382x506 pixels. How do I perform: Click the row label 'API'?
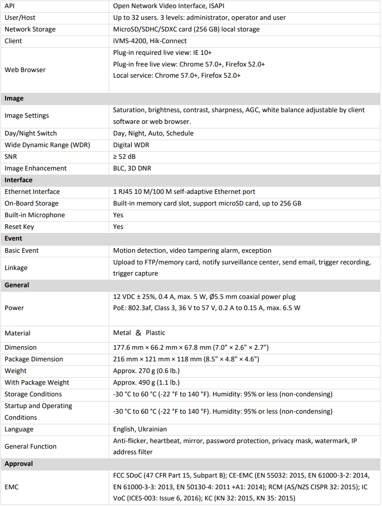click(10, 6)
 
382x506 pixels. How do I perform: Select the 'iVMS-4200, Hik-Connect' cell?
click(149, 41)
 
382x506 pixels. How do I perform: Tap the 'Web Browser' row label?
click(25, 70)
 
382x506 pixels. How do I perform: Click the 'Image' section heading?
click(14, 98)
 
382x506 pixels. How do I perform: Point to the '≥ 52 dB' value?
click(124, 157)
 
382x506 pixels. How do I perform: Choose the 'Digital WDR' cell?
click(131, 145)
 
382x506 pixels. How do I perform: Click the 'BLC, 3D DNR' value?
click(132, 168)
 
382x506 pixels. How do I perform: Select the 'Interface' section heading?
click(18, 180)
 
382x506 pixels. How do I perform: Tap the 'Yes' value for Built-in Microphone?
click(118, 215)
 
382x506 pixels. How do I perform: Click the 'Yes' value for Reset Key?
click(118, 227)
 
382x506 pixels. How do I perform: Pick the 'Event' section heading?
click(13, 239)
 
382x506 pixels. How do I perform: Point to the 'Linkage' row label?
click(16, 267)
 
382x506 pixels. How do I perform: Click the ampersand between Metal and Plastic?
click(138, 333)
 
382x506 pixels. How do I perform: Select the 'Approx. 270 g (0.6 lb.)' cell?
click(146, 371)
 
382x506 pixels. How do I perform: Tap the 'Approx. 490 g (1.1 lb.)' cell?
click(146, 383)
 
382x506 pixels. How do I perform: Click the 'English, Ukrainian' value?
click(140, 429)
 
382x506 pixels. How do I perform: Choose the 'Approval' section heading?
click(18, 464)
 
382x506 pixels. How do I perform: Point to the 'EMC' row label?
click(12, 487)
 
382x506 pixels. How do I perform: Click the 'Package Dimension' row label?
click(34, 359)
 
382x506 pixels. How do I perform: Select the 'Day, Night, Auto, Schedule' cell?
click(153, 133)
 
